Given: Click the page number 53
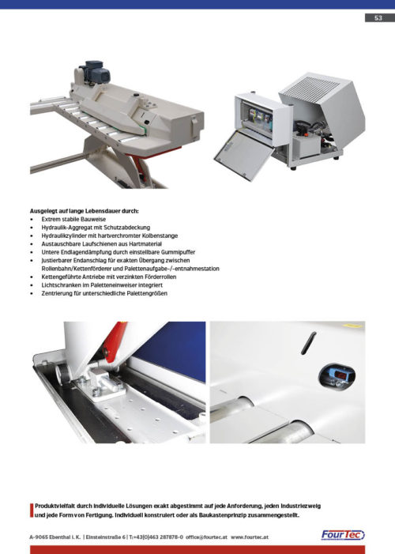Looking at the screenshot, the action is [x=378, y=17].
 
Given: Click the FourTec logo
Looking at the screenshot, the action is [x=343, y=535].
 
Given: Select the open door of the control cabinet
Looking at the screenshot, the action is [x=244, y=153].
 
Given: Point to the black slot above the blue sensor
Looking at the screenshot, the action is [x=308, y=343].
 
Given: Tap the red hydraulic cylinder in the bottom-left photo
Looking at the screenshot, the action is [x=114, y=342].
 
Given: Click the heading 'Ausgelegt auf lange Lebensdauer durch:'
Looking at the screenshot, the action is [x=84, y=211].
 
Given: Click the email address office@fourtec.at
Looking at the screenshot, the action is [x=206, y=537].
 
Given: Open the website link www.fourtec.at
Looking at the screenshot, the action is [x=250, y=537].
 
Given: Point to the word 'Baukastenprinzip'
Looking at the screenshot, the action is [x=221, y=515].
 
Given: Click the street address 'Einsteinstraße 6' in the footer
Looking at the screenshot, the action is [x=106, y=537].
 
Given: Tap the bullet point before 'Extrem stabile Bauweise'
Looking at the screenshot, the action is [x=32, y=220].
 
